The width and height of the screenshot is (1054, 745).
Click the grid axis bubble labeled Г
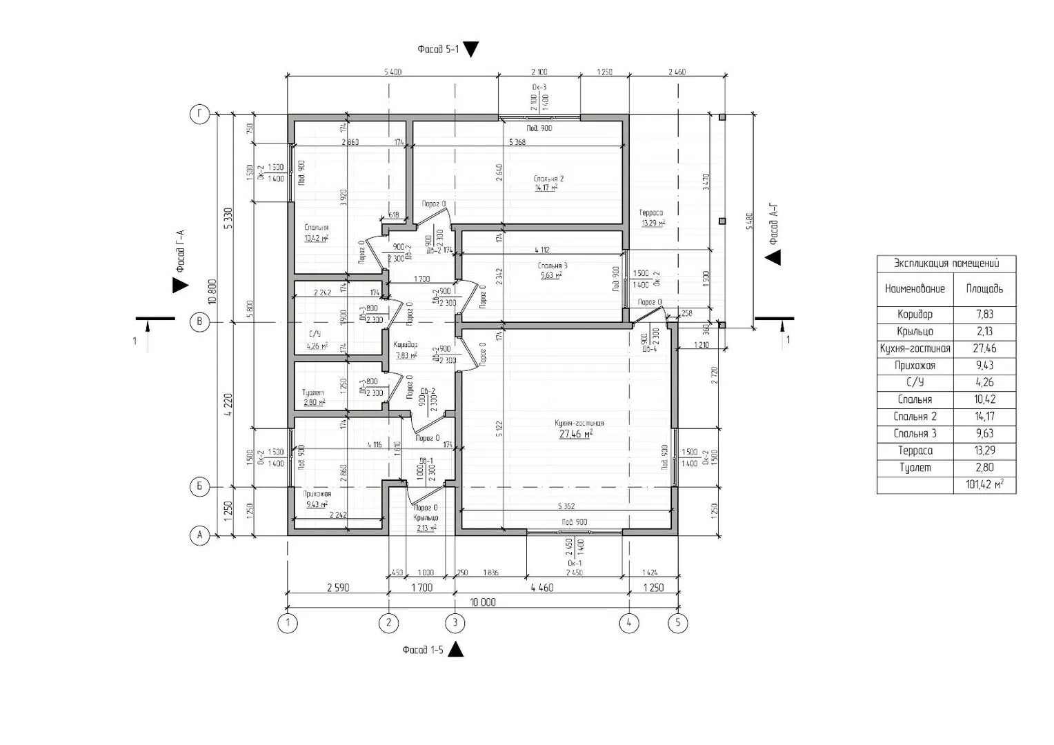[x=199, y=115]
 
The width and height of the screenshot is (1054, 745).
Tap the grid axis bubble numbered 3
[x=455, y=623]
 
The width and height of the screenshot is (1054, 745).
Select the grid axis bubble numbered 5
[x=678, y=623]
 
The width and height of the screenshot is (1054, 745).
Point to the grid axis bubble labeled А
[x=199, y=535]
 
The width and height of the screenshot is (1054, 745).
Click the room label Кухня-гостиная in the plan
[x=579, y=423]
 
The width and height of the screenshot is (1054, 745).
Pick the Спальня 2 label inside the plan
[x=549, y=179]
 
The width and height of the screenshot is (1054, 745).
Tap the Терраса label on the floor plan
[x=650, y=213]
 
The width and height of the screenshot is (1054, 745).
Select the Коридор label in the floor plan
[x=406, y=344]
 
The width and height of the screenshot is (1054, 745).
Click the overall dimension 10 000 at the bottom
[x=482, y=602]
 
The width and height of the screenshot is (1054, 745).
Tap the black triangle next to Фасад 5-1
[x=471, y=50]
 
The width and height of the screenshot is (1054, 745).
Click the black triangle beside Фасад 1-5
[x=455, y=650]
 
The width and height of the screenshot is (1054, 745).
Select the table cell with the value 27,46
[x=984, y=348]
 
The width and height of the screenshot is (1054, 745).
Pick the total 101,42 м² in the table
[x=984, y=485]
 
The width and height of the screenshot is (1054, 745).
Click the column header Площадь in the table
[x=984, y=289]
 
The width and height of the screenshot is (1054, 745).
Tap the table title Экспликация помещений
[x=946, y=264]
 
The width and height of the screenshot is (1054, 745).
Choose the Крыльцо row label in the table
[x=915, y=331]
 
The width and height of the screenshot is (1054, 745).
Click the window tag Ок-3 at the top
[x=539, y=87]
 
